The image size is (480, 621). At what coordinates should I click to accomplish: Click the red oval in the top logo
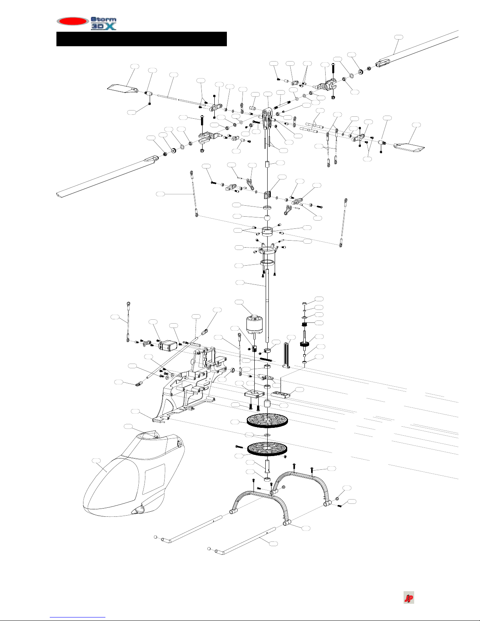point(72,21)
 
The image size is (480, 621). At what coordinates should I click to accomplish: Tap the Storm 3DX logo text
point(103,23)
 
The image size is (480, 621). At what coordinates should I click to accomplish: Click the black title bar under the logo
point(141,39)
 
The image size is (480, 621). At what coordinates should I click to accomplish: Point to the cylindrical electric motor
point(254,324)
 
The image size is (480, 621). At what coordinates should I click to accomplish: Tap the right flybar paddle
point(409,148)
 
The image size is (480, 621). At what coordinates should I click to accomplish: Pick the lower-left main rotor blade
point(106,176)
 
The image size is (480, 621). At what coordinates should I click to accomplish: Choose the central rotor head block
point(268,118)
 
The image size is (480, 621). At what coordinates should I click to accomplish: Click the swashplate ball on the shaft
point(267,217)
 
